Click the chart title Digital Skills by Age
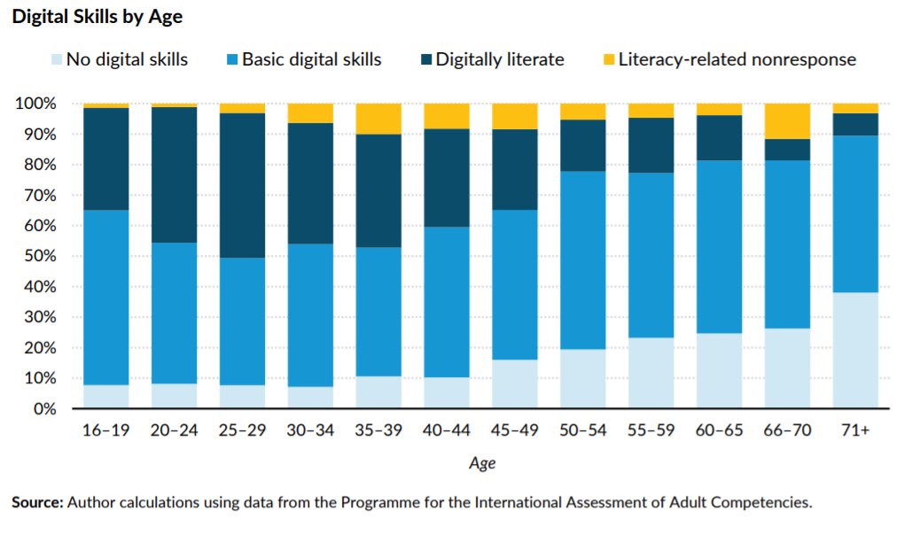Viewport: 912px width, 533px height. tap(97, 17)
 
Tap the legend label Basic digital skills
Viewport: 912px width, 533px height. tap(312, 60)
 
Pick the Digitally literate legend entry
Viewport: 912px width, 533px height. tap(500, 60)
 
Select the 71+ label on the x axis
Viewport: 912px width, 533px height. tap(855, 431)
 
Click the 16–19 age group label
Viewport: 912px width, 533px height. tap(105, 431)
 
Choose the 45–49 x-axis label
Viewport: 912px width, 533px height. tap(515, 431)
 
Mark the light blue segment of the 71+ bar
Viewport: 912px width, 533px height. tap(855, 351)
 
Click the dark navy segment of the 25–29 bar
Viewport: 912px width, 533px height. tap(242, 185)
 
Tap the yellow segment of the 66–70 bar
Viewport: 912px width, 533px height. tap(787, 120)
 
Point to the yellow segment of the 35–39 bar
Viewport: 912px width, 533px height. tap(378, 119)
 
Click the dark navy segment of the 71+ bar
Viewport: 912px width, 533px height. tap(855, 124)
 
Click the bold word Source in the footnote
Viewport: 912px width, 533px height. tap(36, 502)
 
